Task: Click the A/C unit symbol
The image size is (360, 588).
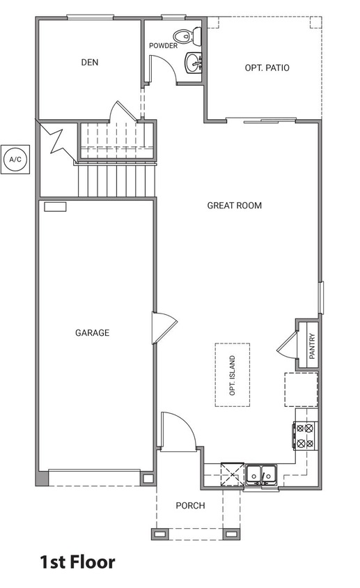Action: click(15, 160)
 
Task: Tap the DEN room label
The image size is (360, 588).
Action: click(89, 62)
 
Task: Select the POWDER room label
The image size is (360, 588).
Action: click(163, 46)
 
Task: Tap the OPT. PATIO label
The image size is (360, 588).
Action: click(267, 68)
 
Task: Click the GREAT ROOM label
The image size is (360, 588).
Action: click(234, 206)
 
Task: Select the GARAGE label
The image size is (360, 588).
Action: click(92, 333)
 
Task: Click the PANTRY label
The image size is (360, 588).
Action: click(312, 346)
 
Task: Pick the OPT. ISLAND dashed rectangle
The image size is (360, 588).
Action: click(233, 375)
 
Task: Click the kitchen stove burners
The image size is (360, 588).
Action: click(306, 435)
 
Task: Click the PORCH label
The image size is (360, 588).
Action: click(190, 506)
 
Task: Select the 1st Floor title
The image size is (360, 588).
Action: click(77, 562)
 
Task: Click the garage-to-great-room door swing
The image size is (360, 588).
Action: click(164, 327)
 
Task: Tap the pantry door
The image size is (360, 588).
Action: click(286, 343)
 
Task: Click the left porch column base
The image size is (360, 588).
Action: click(159, 534)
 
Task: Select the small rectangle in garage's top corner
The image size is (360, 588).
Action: click(54, 206)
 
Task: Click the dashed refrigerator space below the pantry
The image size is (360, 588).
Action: click(301, 389)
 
